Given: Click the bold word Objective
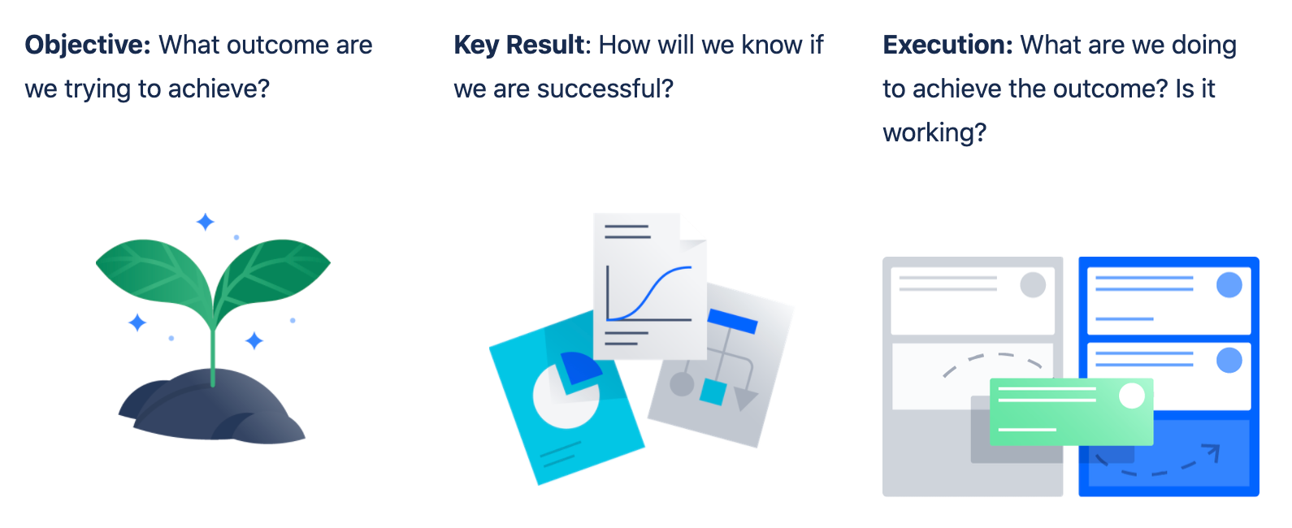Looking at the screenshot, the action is [88, 45].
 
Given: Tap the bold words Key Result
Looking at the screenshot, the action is [519, 45].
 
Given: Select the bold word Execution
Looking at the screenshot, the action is [947, 45].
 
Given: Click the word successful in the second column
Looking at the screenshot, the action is [605, 89].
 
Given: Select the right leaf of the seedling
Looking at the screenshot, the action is [272, 277].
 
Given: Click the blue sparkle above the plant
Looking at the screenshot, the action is [206, 222].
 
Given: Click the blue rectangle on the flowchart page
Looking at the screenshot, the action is [732, 321].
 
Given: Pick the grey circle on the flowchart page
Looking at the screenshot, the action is [682, 384].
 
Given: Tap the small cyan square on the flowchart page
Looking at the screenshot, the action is [713, 392].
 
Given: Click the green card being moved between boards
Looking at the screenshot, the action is [1072, 412].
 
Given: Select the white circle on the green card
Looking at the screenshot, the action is [1132, 396].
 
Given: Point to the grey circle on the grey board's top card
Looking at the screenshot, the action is [1033, 285].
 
